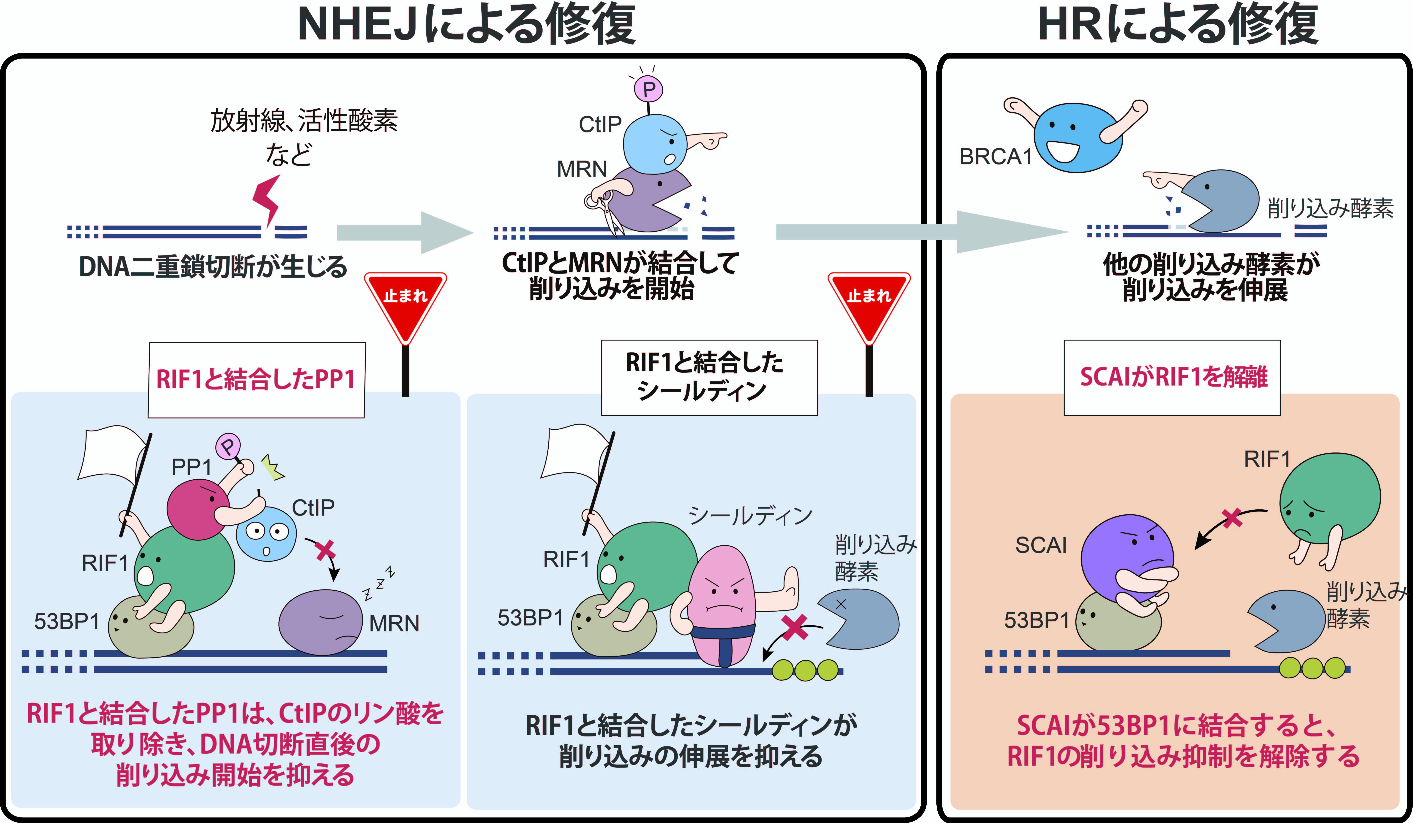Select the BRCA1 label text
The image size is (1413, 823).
click(x=995, y=157)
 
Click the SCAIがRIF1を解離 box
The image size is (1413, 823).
click(x=1172, y=377)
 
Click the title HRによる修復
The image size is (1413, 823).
click(x=1177, y=25)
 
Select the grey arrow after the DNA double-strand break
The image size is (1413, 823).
click(x=404, y=233)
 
